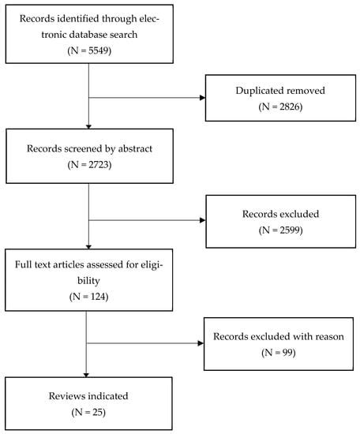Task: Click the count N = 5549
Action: click(88, 50)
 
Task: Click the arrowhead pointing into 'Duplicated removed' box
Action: click(201, 98)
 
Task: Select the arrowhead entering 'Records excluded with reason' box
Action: click(201, 342)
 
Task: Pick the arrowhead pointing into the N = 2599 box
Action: click(201, 220)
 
